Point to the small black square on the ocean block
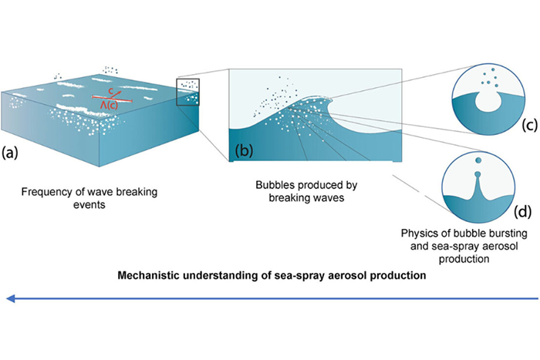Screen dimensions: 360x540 [189, 91]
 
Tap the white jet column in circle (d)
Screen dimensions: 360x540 [478, 185]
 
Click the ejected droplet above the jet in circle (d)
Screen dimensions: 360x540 [478, 160]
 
